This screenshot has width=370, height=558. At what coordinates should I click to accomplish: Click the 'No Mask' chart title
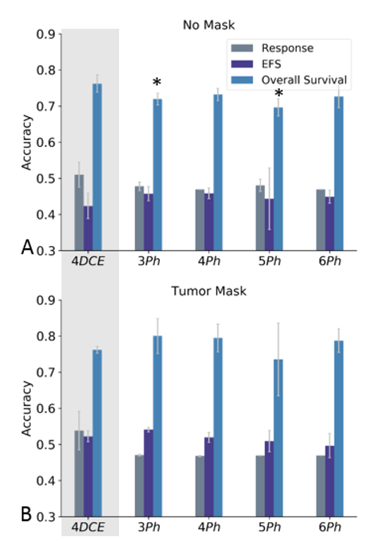(x=209, y=25)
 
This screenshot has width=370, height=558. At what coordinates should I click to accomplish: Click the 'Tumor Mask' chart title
(x=209, y=291)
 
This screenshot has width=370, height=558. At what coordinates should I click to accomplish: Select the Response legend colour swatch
(x=242, y=48)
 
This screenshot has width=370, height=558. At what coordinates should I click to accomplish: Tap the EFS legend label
(x=271, y=64)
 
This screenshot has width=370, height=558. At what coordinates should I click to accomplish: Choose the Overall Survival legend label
(x=304, y=80)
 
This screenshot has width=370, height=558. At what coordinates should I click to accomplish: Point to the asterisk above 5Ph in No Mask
(x=279, y=93)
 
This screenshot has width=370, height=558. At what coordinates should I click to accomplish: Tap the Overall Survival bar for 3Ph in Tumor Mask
(x=158, y=426)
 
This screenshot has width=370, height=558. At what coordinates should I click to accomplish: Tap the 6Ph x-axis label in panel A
(x=330, y=261)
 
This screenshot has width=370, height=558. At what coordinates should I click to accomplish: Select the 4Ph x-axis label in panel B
(x=209, y=527)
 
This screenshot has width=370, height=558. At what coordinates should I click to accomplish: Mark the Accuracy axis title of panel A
(x=26, y=142)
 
